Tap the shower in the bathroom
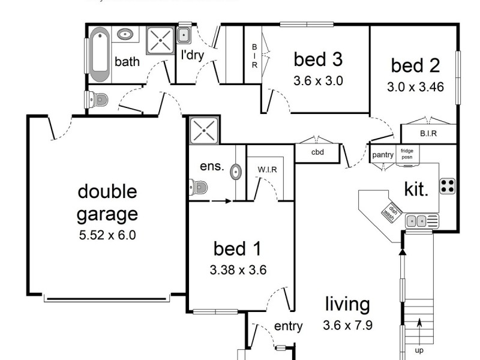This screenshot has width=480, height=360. (161, 40)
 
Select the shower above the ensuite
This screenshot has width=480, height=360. (202, 130)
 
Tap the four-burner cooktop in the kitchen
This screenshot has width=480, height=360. (447, 185)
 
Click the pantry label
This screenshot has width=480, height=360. (382, 155)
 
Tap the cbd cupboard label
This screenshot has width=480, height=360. (317, 152)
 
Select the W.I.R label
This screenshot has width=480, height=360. (268, 170)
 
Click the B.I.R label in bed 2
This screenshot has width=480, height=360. (428, 133)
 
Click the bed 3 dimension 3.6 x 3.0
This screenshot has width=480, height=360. (318, 81)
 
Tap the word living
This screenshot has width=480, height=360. (347, 304)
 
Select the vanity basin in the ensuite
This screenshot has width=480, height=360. (236, 172)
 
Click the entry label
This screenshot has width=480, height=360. (288, 326)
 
